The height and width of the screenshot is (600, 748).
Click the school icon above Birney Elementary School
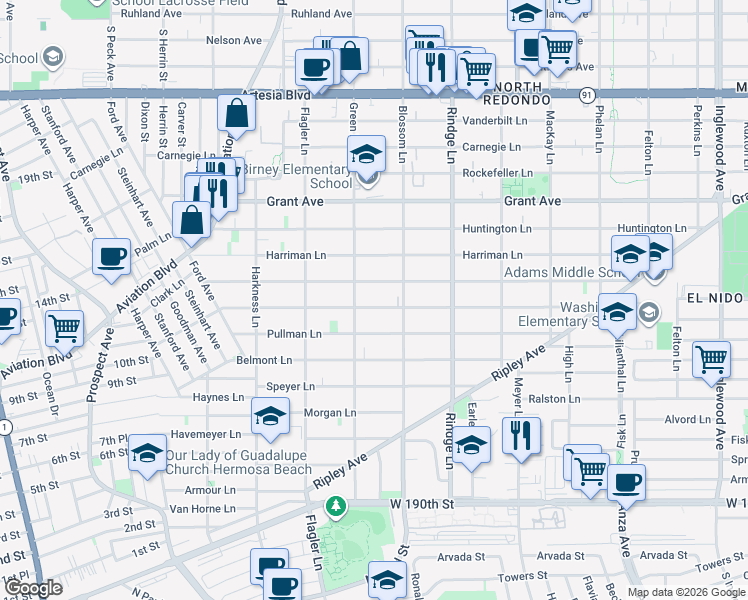click(x=366, y=155)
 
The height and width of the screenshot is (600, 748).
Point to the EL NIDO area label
click(x=715, y=299)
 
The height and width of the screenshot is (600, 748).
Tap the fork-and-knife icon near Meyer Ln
click(x=521, y=434)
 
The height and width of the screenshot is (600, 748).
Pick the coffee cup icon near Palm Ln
click(x=111, y=256)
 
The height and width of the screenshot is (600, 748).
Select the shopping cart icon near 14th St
click(x=65, y=327)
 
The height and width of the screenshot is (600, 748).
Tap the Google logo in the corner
click(x=33, y=589)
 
